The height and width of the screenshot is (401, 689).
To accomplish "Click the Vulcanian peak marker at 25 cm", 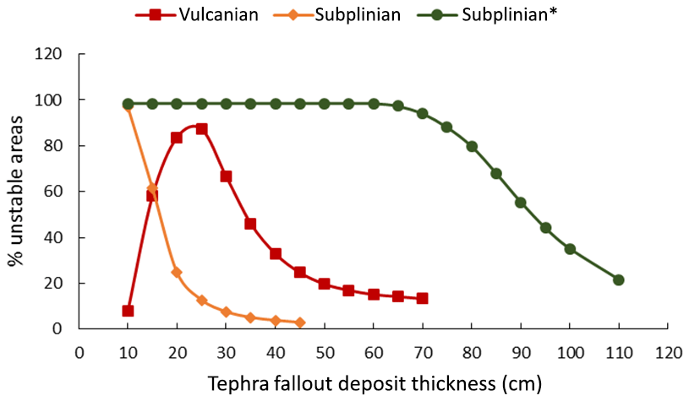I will click(x=201, y=128).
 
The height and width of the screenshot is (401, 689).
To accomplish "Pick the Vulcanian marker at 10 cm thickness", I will click(x=128, y=311).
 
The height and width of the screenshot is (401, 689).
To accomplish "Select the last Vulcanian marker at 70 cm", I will click(x=422, y=298).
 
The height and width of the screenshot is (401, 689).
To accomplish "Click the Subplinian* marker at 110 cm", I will click(x=618, y=279).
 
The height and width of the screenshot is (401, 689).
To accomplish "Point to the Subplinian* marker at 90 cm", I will click(x=520, y=203).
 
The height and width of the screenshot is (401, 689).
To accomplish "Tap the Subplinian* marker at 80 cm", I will click(x=472, y=146).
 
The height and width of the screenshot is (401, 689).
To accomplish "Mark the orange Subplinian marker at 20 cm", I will click(x=177, y=272).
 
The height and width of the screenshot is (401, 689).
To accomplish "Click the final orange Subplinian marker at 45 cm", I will click(x=299, y=322).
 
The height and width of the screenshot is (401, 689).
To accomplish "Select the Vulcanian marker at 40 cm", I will click(x=275, y=253).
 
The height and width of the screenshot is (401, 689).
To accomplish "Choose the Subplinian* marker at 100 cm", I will click(x=569, y=249).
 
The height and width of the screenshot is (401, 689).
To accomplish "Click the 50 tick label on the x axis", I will click(x=324, y=350).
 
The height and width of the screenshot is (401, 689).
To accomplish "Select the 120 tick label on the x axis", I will click(x=667, y=350).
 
